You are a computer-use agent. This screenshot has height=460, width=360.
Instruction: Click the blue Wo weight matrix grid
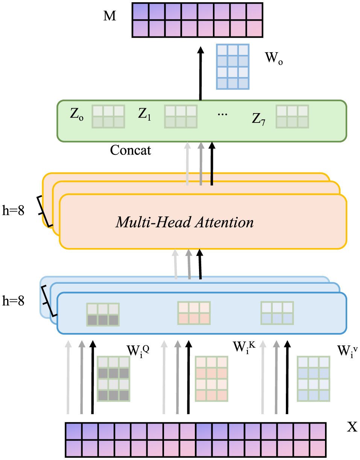coord(232,67)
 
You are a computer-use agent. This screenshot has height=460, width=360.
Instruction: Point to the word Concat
coord(131,150)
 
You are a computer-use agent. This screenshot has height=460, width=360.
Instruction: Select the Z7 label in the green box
coord(258,120)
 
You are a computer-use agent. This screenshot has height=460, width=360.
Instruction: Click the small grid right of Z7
coord(293,117)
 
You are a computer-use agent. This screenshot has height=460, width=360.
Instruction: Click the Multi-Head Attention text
coord(184,222)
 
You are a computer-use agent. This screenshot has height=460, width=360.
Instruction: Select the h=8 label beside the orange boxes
coord(13,211)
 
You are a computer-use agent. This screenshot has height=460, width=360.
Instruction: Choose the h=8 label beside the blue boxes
coord(13,301)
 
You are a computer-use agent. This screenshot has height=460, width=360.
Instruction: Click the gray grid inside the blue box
coord(103,314)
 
